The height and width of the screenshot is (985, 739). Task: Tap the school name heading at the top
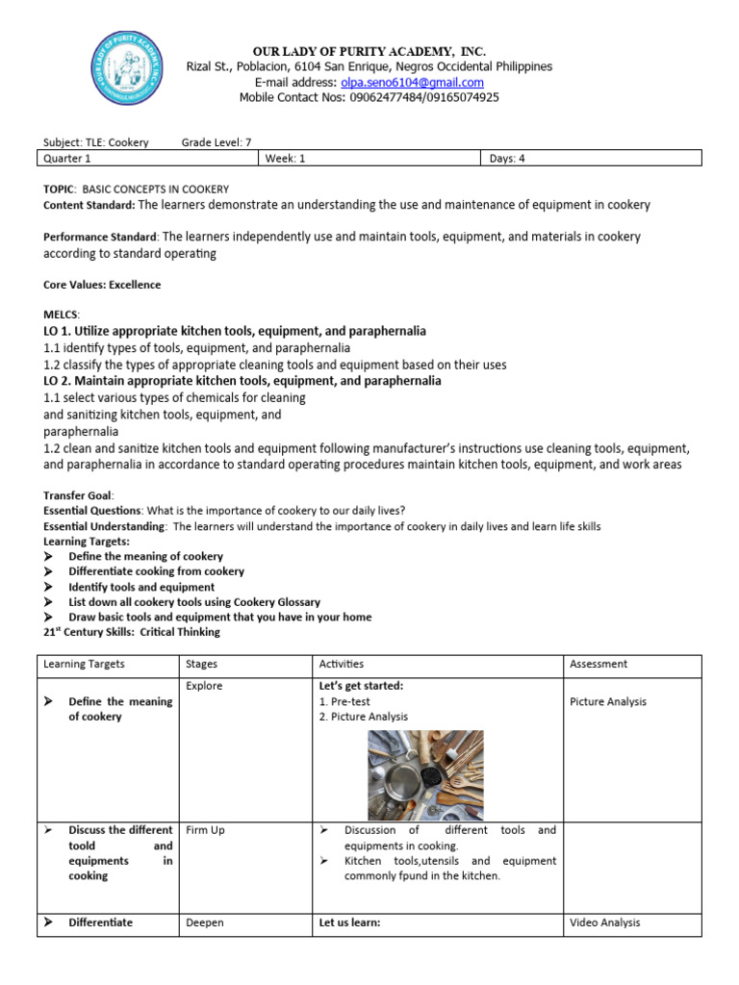point(369,50)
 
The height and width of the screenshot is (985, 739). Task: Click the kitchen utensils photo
point(425,774)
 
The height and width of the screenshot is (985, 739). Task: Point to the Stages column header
point(201,664)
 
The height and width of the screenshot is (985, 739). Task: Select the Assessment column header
point(599,664)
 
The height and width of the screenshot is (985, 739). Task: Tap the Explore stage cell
point(204,687)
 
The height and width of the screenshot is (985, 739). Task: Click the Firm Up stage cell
point(205,830)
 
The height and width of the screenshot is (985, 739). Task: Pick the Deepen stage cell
point(204,922)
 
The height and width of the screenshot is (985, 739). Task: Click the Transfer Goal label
point(78,494)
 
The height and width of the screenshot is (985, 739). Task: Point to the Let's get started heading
point(361,687)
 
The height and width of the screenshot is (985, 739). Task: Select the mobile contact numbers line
point(369,97)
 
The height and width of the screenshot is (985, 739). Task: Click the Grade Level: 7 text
point(216,142)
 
